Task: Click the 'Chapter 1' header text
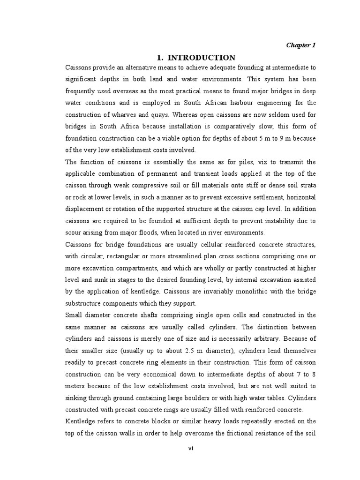point(301,45)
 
